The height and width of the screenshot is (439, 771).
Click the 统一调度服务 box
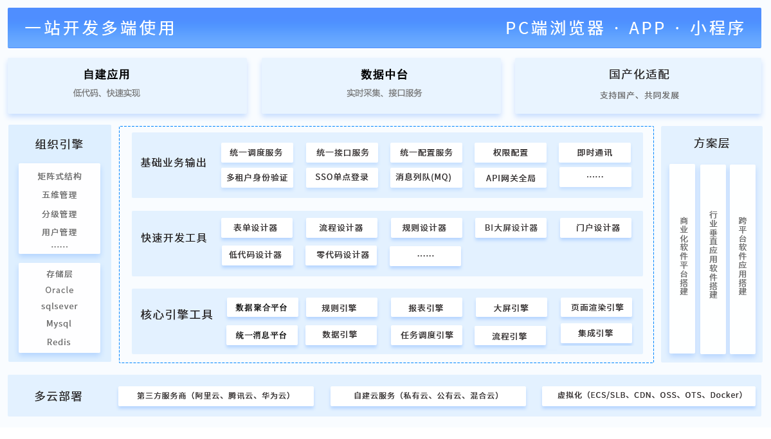pyautogui.click(x=257, y=152)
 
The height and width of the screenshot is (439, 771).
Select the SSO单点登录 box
pyautogui.click(x=341, y=177)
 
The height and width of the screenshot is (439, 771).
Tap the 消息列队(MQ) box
pyautogui.click(x=426, y=177)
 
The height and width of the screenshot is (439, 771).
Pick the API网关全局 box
pyautogui.click(x=511, y=177)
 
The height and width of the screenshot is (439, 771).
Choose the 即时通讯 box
pyautogui.click(x=595, y=152)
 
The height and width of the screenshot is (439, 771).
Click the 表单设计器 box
pyautogui.click(x=257, y=228)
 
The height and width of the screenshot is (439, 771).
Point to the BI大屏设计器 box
pyautogui.click(x=511, y=228)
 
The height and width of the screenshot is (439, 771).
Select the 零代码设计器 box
pyautogui.click(x=341, y=255)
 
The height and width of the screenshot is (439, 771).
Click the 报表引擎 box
pyautogui.click(x=426, y=308)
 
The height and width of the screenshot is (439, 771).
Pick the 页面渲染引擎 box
pyautogui.click(x=596, y=307)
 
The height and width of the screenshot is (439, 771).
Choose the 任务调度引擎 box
pyautogui.click(x=426, y=335)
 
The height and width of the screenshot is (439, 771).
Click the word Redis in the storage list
pyautogui.click(x=59, y=342)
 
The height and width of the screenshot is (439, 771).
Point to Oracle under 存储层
pyautogui.click(x=59, y=290)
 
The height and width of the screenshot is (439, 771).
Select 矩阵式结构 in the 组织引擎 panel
pyautogui.click(x=59, y=176)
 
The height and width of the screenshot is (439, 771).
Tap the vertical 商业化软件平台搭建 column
pyautogui.click(x=682, y=258)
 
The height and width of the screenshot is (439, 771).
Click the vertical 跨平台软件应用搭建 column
pyautogui.click(x=743, y=258)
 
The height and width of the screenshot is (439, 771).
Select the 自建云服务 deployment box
pyautogui.click(x=428, y=396)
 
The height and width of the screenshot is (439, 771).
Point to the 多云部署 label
pyautogui.click(x=59, y=396)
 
